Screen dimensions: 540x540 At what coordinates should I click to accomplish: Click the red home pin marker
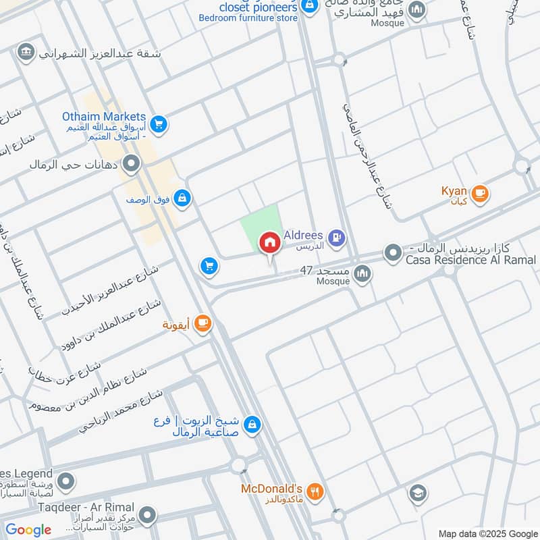coord(269,242)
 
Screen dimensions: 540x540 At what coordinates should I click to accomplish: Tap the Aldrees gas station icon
coord(336,238)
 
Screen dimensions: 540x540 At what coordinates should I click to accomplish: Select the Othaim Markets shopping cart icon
coord(159,124)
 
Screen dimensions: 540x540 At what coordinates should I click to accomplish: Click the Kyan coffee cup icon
coord(480,194)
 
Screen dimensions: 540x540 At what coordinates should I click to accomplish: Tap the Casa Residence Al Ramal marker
coord(392,254)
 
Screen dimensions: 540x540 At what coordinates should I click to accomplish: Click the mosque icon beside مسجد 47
coord(362,273)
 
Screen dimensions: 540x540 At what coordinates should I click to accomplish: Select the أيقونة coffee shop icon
coord(202,325)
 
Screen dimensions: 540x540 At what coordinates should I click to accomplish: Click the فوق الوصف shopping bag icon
coord(182,198)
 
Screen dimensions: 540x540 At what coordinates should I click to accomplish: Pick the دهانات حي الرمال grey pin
coord(132,163)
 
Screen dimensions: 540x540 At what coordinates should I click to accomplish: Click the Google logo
coord(28,530)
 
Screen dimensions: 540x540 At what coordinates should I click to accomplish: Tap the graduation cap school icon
coord(418,493)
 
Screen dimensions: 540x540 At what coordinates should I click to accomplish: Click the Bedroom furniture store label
coord(248,18)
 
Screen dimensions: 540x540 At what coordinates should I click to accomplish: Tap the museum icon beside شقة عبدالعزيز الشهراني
coord(26,53)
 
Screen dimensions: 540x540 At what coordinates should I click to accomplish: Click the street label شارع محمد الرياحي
coord(121,410)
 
